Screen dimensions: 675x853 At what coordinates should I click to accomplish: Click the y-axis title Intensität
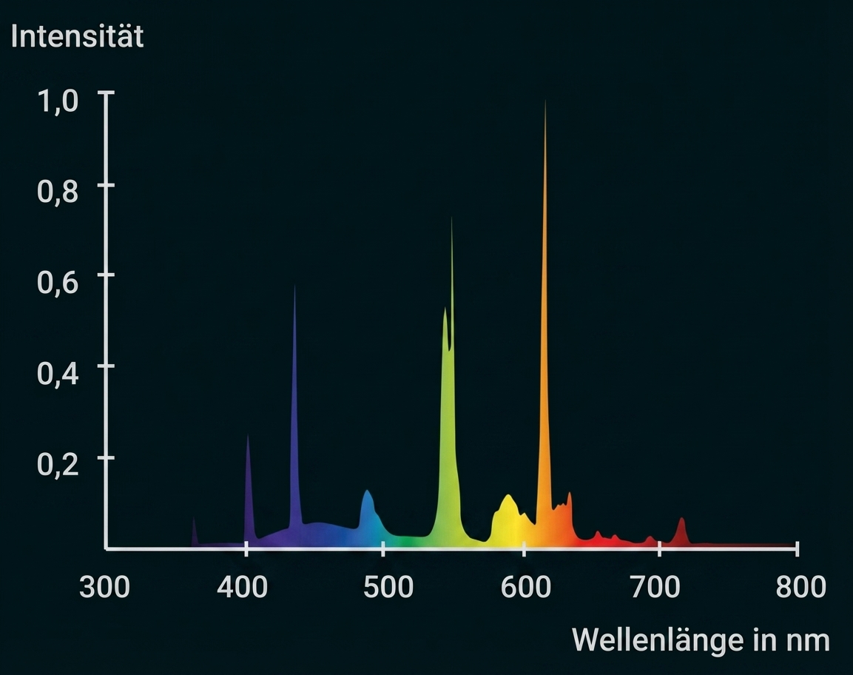pos(77,36)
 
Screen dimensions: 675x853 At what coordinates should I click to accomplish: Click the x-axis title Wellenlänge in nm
pos(701,639)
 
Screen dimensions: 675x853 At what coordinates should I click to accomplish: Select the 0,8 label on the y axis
pos(57,191)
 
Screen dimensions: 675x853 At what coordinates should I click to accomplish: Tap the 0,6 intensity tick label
pos(57,282)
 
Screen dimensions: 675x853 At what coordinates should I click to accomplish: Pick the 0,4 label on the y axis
pos(57,373)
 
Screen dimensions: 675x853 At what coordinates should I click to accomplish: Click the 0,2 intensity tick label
pos(57,464)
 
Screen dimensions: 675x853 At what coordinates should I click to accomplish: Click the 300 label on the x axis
pos(104,588)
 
